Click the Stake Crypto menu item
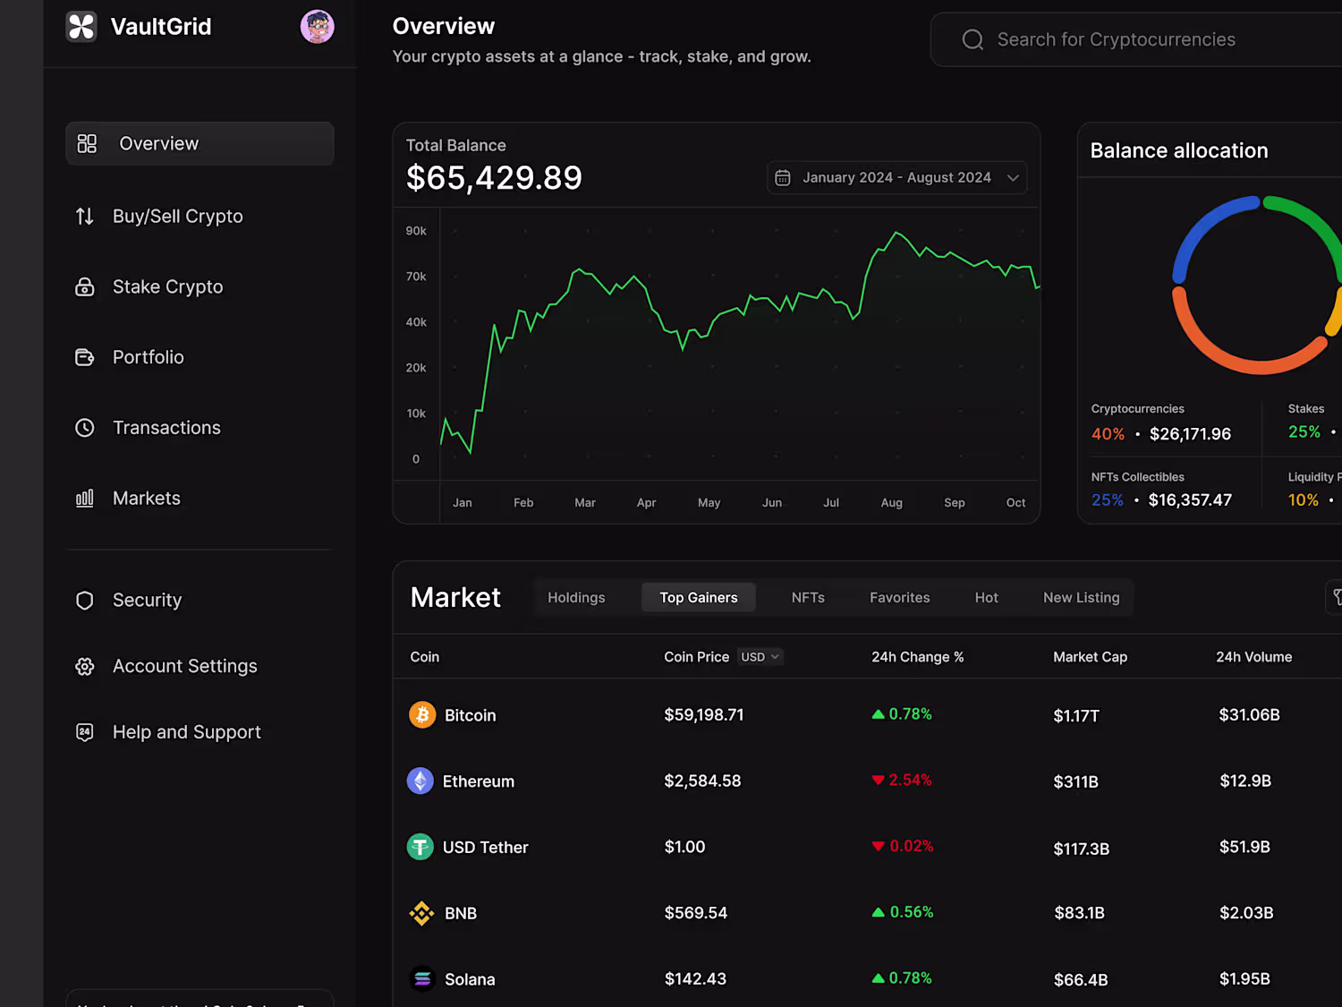(x=167, y=287)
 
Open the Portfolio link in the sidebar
(x=148, y=357)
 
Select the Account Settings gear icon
(x=85, y=667)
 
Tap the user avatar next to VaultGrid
(x=317, y=27)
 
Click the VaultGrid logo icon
(x=81, y=27)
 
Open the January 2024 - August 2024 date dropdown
(x=896, y=177)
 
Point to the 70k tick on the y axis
(x=416, y=277)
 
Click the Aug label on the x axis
(x=891, y=503)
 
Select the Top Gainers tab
(x=699, y=598)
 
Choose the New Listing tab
(x=1081, y=598)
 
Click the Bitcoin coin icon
(x=422, y=715)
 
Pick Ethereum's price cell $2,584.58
(x=702, y=781)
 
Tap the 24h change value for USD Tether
(x=911, y=847)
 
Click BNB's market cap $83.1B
(x=1079, y=913)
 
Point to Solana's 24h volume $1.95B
(x=1244, y=979)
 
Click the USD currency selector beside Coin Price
(x=760, y=657)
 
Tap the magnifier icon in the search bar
(x=973, y=39)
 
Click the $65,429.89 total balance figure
(x=494, y=178)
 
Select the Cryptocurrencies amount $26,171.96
(x=1190, y=434)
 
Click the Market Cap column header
(x=1090, y=657)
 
